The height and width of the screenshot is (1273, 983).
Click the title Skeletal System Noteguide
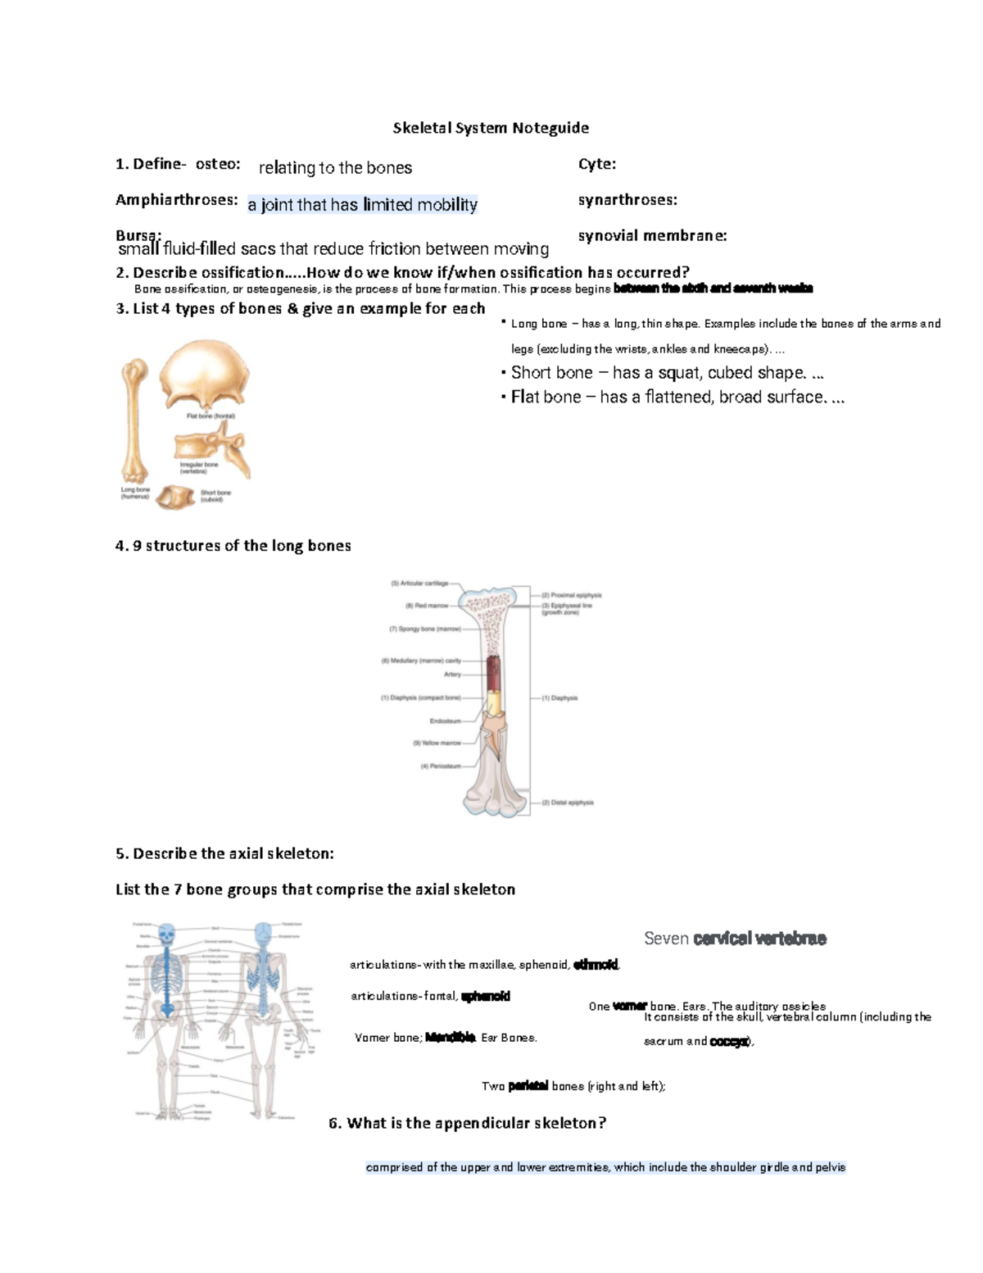[x=491, y=128]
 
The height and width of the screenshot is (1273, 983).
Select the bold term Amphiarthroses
[x=177, y=200]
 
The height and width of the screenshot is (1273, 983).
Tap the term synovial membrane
[x=652, y=236]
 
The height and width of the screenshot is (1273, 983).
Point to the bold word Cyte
[x=596, y=164]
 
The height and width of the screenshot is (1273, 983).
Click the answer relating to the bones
[x=335, y=168]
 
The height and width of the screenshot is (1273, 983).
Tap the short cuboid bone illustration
[x=176, y=497]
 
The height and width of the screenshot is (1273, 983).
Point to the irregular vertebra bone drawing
[x=211, y=448]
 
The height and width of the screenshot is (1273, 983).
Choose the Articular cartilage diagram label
[x=420, y=584]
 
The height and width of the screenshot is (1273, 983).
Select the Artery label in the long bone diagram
[x=452, y=675]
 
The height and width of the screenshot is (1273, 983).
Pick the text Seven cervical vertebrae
[x=735, y=939]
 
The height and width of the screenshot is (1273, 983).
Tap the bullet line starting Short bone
[x=666, y=373]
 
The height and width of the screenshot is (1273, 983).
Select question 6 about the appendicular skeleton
[x=467, y=1123]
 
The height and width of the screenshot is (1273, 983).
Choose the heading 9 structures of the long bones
[x=233, y=546]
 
